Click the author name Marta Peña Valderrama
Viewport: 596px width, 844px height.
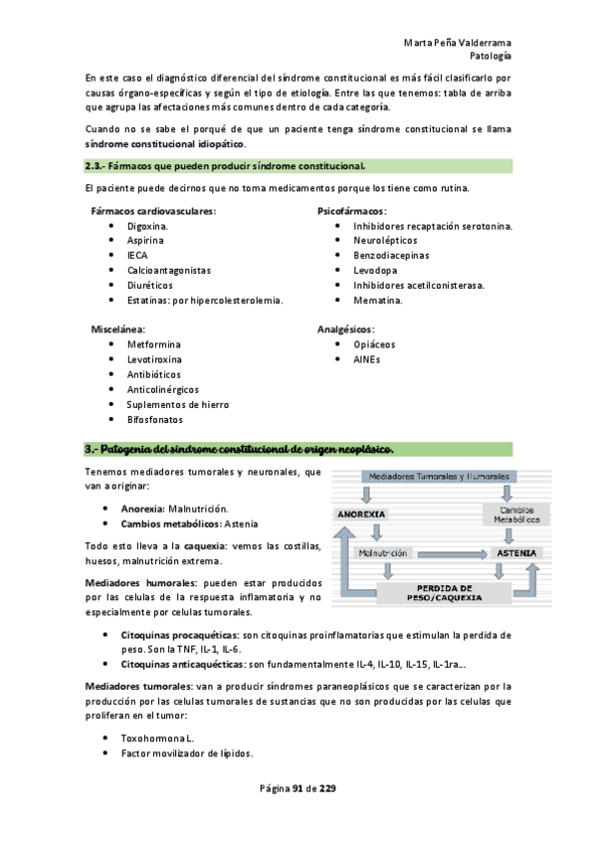(458, 44)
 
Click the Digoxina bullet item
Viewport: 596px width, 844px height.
(147, 226)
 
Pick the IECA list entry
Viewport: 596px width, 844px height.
(137, 255)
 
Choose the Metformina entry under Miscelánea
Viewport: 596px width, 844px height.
(153, 344)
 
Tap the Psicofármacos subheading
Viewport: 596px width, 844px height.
(351, 211)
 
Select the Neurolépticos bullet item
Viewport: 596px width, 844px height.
(385, 240)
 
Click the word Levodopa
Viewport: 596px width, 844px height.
(375, 270)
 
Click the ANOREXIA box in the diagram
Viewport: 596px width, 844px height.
(359, 515)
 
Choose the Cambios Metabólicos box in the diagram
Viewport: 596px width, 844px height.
(511, 515)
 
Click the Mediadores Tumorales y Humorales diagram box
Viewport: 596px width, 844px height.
(433, 478)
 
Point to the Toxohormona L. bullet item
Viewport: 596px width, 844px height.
(159, 738)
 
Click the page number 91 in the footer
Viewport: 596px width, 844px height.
(297, 789)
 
